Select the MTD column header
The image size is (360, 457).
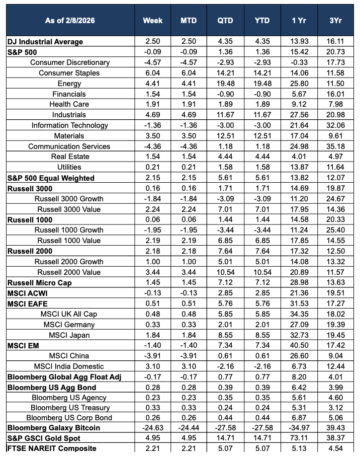189,21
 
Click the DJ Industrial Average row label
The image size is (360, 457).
45,41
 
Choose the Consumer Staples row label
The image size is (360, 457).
69,73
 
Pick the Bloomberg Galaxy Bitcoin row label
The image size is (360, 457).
53,427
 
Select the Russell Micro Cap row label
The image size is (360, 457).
39,282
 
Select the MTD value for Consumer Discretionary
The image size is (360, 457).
189,62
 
